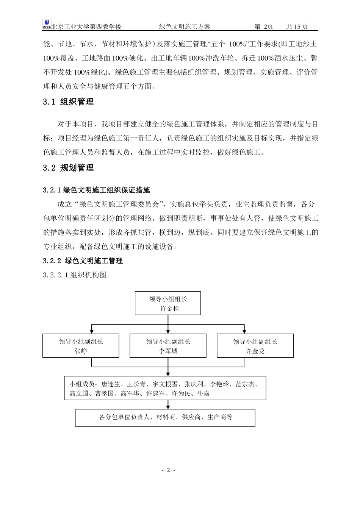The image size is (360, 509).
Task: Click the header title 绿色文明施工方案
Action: (185, 27)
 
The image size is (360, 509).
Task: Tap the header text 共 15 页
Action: (297, 27)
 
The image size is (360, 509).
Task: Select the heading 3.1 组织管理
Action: (68, 102)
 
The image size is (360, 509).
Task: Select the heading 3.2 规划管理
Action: (68, 168)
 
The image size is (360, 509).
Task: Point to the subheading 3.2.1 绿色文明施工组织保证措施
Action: (97, 190)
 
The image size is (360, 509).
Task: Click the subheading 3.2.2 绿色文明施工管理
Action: (83, 261)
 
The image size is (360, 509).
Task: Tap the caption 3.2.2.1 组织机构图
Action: (75, 275)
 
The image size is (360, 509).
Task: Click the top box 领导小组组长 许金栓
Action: (168, 303)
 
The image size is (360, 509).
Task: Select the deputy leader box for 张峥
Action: (81, 346)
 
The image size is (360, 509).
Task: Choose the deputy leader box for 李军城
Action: (168, 346)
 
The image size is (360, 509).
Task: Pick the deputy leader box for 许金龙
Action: (255, 346)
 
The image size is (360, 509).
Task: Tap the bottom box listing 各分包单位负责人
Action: (165, 417)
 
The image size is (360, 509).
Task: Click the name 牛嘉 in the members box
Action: (203, 393)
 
